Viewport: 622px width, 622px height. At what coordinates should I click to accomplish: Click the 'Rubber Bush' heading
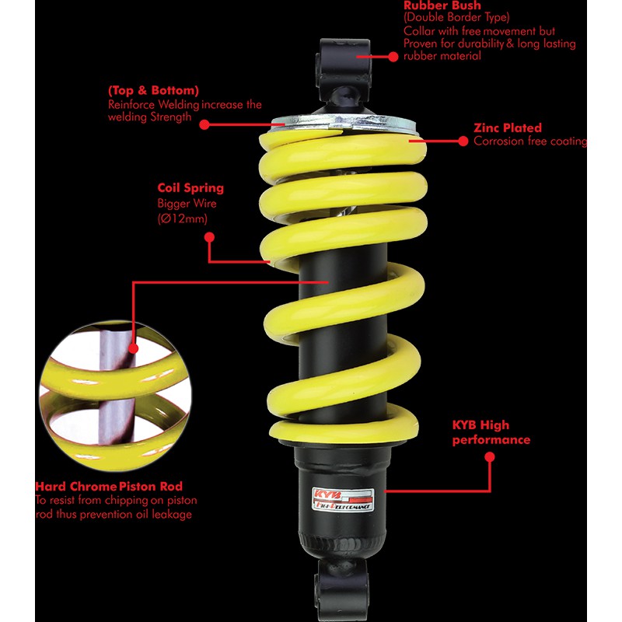click(x=442, y=5)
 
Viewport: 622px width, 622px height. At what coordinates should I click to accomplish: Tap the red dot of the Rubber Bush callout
click(x=393, y=57)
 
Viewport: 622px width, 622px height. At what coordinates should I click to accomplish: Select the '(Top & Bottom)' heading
click(x=153, y=90)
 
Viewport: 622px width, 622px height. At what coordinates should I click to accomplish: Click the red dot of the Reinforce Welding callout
click(x=204, y=124)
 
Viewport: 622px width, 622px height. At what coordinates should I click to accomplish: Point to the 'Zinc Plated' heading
click(x=508, y=128)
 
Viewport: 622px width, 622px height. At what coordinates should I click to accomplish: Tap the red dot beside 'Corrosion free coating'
click(x=463, y=142)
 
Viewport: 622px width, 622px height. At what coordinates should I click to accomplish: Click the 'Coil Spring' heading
click(x=190, y=188)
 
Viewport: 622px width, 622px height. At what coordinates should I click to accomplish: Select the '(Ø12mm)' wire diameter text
click(x=182, y=218)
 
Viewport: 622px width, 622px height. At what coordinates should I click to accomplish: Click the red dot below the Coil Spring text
click(x=209, y=237)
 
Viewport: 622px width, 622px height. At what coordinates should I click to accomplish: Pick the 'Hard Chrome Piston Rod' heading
click(x=109, y=487)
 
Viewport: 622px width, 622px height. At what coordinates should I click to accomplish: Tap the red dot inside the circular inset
click(x=134, y=348)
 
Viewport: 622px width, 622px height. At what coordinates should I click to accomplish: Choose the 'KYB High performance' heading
click(x=491, y=432)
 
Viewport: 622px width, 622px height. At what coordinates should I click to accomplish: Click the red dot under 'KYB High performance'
click(x=490, y=457)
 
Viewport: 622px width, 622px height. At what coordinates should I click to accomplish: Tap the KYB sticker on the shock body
click(x=343, y=499)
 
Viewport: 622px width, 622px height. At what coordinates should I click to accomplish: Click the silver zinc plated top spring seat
click(x=343, y=123)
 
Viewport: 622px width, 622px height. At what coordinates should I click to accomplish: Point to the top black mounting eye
click(x=344, y=64)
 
